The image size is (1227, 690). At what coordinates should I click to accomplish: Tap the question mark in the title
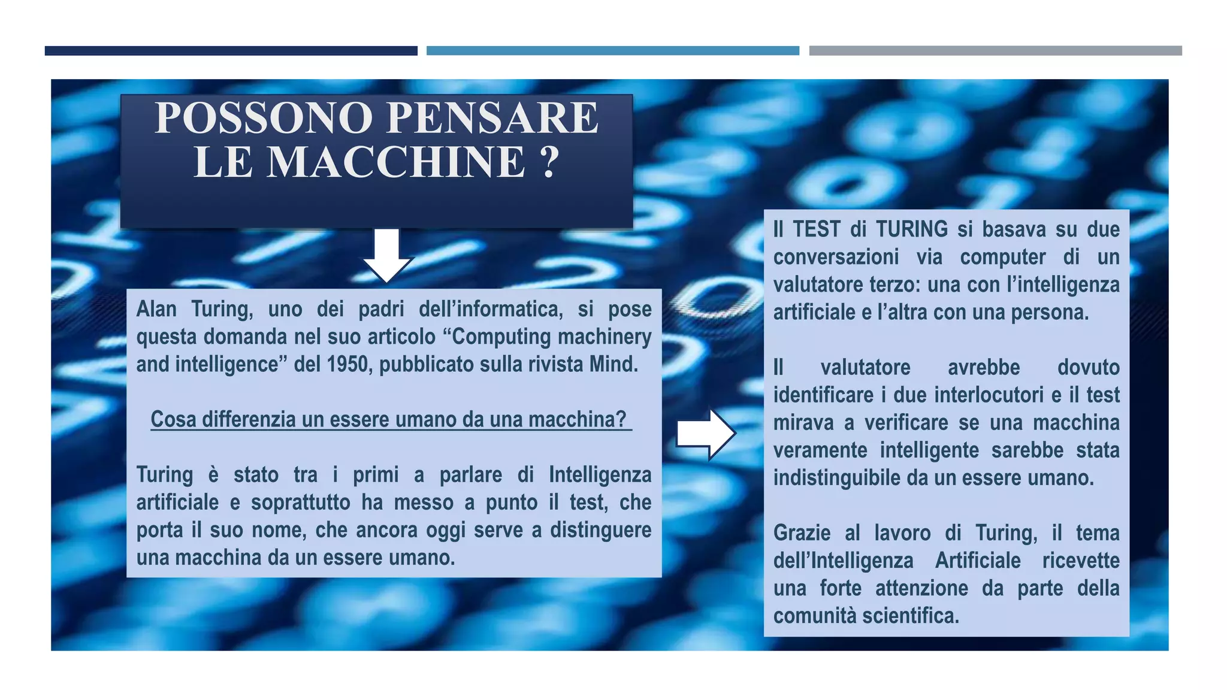549,162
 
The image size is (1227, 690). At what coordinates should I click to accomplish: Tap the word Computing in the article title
501,337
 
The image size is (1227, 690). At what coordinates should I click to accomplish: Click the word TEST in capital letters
816,229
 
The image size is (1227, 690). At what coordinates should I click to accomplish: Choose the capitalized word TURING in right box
912,229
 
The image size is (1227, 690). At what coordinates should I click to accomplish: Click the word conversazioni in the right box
836,257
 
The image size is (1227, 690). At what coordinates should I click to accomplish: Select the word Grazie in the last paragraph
802,533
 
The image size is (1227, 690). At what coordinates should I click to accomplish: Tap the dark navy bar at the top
231,51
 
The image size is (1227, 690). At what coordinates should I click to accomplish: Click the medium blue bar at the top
612,51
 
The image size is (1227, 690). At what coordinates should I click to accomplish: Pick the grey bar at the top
995,51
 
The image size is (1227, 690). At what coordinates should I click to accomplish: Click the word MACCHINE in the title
395,162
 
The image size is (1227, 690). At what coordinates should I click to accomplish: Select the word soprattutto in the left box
300,503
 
